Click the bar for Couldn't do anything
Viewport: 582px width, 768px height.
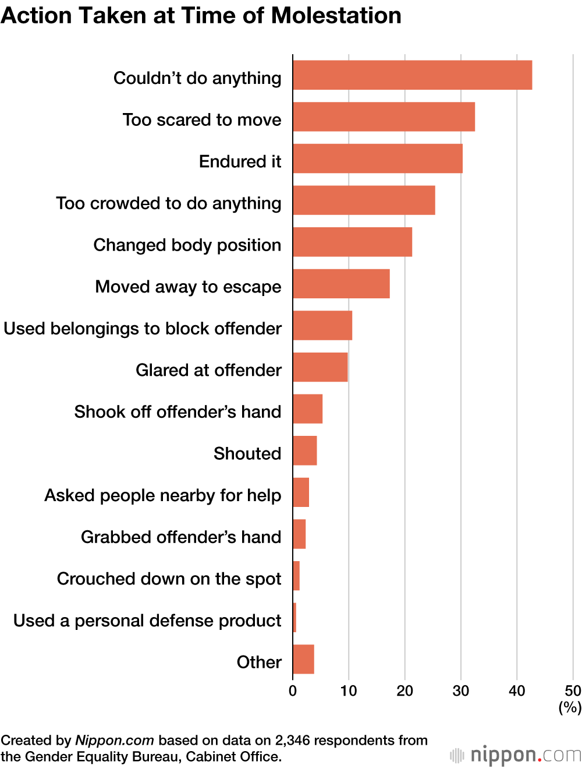point(412,75)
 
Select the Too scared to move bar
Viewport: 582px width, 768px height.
point(384,117)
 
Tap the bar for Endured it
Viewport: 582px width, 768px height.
point(378,158)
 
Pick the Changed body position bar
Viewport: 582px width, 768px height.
point(352,242)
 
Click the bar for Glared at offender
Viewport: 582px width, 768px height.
point(320,367)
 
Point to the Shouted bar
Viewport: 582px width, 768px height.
point(305,450)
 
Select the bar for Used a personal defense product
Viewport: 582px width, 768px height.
point(294,618)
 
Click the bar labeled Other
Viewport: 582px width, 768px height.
point(303,659)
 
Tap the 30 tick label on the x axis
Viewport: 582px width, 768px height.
point(461,691)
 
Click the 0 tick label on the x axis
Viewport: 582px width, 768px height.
point(293,691)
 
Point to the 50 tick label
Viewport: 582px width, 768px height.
point(573,691)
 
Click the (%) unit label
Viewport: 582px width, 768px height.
point(570,707)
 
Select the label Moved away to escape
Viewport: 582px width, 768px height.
point(188,287)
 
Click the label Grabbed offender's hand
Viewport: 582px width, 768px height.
point(181,537)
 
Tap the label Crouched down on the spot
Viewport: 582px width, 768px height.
point(169,579)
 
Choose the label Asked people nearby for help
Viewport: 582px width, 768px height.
point(163,495)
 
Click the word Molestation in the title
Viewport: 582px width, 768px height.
point(336,16)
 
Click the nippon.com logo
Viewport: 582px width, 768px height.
point(516,755)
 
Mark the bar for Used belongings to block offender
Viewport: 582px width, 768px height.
point(322,325)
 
